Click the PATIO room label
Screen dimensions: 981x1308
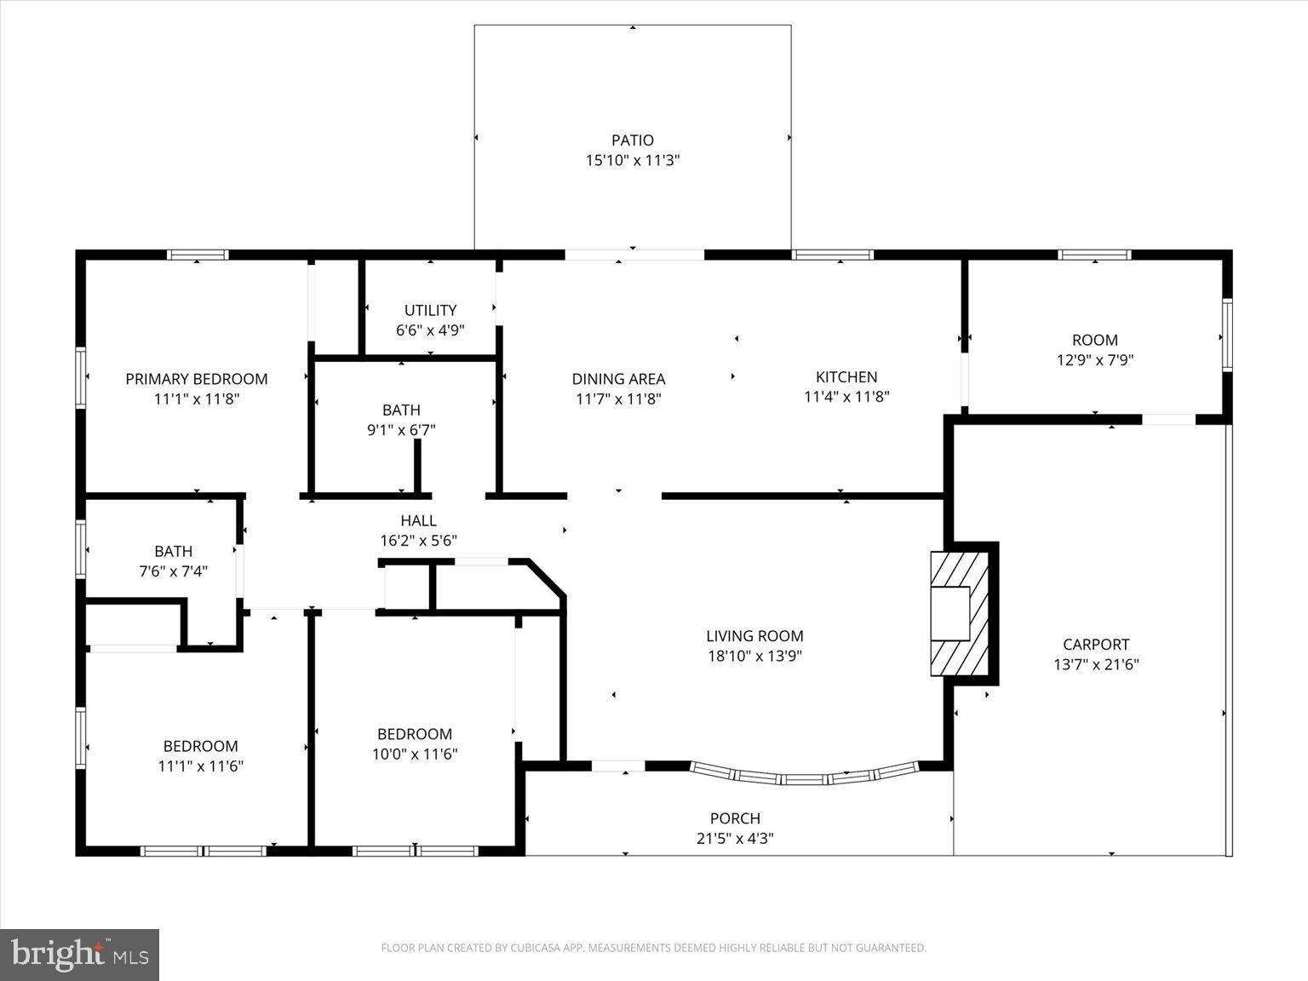click(632, 141)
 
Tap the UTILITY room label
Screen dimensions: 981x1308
click(430, 311)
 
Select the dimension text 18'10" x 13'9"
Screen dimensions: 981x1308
click(754, 656)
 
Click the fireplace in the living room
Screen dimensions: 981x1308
click(959, 614)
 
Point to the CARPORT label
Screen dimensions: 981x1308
click(1096, 645)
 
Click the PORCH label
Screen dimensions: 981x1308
click(735, 818)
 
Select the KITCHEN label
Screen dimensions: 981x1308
click(846, 376)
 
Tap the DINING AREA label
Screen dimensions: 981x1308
click(618, 379)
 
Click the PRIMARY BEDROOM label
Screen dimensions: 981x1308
click(197, 379)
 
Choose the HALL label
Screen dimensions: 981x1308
click(418, 520)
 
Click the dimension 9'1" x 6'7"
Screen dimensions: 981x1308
click(401, 430)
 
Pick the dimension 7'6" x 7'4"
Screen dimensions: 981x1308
click(174, 571)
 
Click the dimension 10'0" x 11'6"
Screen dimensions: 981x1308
click(415, 754)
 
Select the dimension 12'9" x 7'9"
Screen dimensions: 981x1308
click(1094, 360)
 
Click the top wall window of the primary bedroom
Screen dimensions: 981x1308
click(198, 255)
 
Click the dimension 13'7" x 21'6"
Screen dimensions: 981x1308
click(1096, 665)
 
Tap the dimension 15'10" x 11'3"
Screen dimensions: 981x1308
click(632, 160)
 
